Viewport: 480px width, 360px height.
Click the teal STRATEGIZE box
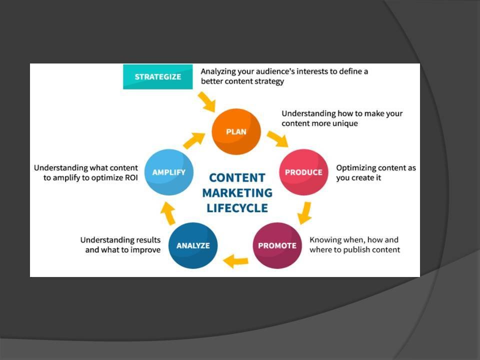157,77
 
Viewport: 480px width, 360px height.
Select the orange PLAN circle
236,132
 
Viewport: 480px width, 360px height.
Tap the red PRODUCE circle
303,172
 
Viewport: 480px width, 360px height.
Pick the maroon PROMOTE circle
277,245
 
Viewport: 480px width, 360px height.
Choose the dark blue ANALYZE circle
193,245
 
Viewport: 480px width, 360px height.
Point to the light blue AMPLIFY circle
168,172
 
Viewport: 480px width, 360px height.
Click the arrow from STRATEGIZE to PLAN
206,101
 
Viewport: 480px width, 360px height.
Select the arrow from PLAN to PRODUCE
276,138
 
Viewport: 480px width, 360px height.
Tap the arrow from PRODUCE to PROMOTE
304,212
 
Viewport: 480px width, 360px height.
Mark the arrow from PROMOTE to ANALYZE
235,260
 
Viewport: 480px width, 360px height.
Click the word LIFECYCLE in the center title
237,207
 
